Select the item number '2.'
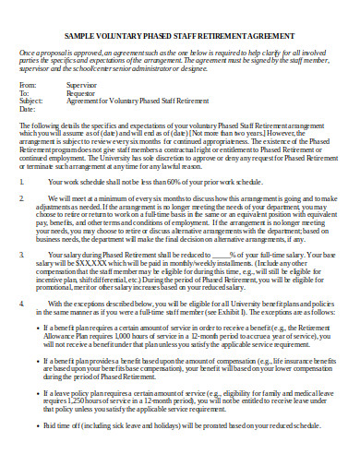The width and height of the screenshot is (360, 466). (x=23, y=198)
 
